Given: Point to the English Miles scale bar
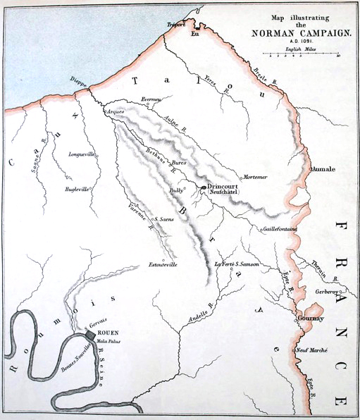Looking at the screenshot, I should click(x=302, y=54).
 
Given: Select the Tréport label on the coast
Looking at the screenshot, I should click(x=175, y=25).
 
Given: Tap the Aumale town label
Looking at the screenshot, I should click(x=324, y=170).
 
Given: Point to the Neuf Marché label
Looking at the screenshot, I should click(x=312, y=350).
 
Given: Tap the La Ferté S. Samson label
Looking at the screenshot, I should click(x=238, y=264).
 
